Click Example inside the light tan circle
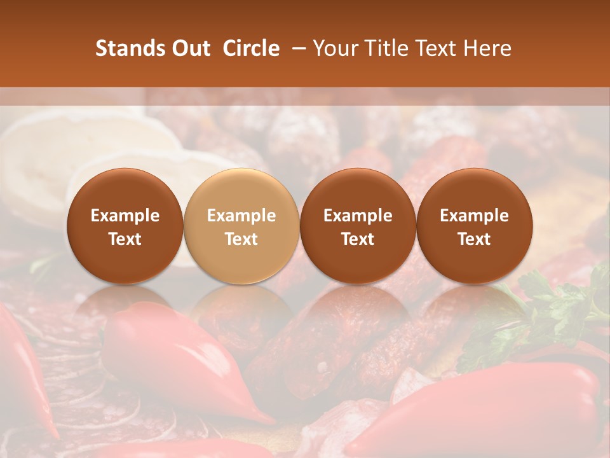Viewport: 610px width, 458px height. [241, 216]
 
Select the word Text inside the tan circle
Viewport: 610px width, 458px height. [241, 239]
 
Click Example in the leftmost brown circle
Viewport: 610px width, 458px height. [125, 216]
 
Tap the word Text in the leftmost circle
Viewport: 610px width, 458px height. [125, 239]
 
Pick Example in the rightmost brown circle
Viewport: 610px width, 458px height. [474, 216]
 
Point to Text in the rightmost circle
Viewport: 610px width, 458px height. [474, 239]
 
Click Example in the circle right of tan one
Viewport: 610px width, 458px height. [358, 216]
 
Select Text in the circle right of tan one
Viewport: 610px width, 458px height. [358, 239]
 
